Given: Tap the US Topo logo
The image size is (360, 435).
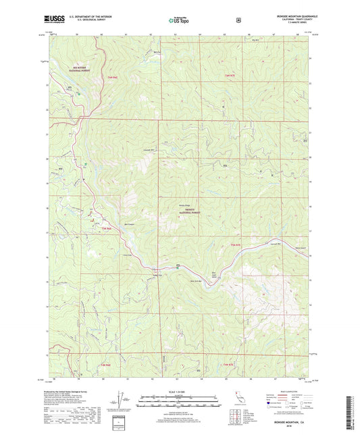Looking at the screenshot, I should [x=179, y=21].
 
